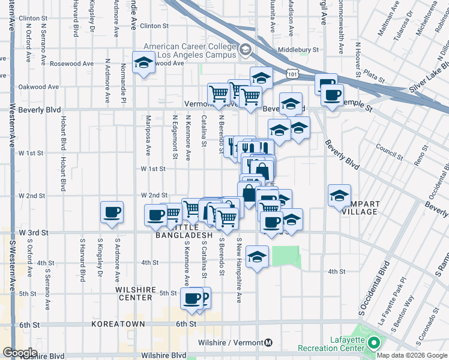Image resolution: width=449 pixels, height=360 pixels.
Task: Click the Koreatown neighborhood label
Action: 119,324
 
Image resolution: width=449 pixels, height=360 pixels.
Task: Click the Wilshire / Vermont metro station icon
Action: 268,343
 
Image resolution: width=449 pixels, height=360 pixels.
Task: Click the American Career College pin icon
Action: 245,50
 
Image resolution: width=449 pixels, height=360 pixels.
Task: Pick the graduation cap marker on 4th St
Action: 258,257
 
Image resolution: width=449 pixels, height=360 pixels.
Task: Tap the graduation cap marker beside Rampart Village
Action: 339,194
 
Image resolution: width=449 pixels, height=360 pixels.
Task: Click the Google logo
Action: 20,353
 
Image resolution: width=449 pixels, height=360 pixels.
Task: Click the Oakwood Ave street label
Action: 38,87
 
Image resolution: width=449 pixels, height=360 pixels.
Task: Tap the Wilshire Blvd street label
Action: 41,356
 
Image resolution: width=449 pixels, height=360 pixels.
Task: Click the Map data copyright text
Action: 412,355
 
